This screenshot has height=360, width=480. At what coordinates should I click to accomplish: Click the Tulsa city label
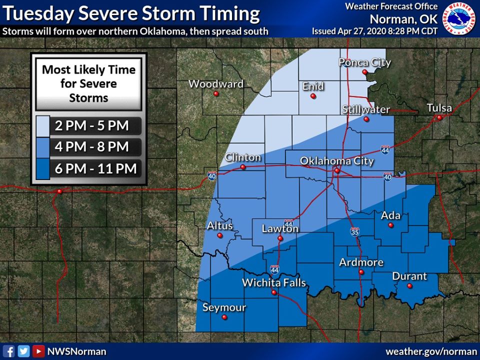pos(439,108)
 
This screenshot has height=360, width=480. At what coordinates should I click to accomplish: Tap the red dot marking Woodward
pos(216,93)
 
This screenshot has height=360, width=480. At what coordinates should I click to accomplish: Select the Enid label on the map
pos(313,86)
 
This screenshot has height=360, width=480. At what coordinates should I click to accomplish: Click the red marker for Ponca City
pos(365,72)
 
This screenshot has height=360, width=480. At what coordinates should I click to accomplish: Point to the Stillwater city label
pos(366,109)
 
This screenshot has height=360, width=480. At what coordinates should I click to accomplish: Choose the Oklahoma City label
pos(336,161)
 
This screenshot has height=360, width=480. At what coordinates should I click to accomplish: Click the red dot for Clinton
pos(243,167)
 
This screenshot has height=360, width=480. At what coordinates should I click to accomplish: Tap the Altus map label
pos(220,226)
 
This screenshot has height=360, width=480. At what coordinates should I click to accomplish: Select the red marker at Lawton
pos(280,238)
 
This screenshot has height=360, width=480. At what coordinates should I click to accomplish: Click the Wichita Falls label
pos(273,283)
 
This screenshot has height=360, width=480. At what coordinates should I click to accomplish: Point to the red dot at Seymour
pos(224,317)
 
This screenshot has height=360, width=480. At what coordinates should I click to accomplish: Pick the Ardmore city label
pos(361,262)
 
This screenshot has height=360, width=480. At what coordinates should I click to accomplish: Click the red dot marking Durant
pos(409,286)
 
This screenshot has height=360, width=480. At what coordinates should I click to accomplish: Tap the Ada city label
pos(391,215)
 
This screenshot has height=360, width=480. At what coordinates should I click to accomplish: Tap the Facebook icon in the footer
pos(8,351)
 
